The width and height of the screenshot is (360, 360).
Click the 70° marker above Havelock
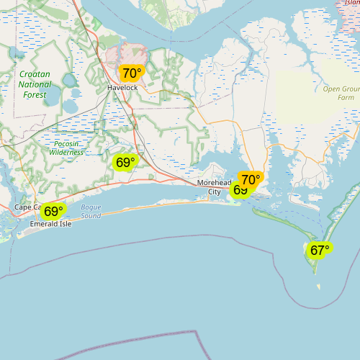(x=132, y=73)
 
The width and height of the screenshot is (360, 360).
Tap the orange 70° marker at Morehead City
(x=251, y=179)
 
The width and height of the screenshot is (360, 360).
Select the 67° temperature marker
(x=319, y=250)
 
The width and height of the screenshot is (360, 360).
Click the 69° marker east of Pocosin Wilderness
(x=125, y=162)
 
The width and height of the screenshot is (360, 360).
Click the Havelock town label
(x=122, y=88)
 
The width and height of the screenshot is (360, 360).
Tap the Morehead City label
(x=215, y=187)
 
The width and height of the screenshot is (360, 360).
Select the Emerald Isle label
(x=51, y=224)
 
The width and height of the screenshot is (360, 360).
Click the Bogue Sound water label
(x=91, y=212)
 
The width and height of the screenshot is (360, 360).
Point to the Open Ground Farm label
(x=339, y=93)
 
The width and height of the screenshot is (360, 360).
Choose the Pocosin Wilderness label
(x=67, y=148)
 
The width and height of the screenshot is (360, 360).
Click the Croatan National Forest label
(x=35, y=84)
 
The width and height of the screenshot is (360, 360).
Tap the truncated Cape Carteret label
(x=28, y=207)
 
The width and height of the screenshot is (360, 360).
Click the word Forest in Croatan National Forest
(x=35, y=94)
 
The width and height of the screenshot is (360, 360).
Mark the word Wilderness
(x=67, y=153)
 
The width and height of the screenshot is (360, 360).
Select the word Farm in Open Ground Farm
(x=346, y=97)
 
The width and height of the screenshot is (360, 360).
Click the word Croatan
(x=35, y=74)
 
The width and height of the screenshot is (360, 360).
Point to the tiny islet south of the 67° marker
(x=318, y=287)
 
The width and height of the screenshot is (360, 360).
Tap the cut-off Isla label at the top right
(x=351, y=3)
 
